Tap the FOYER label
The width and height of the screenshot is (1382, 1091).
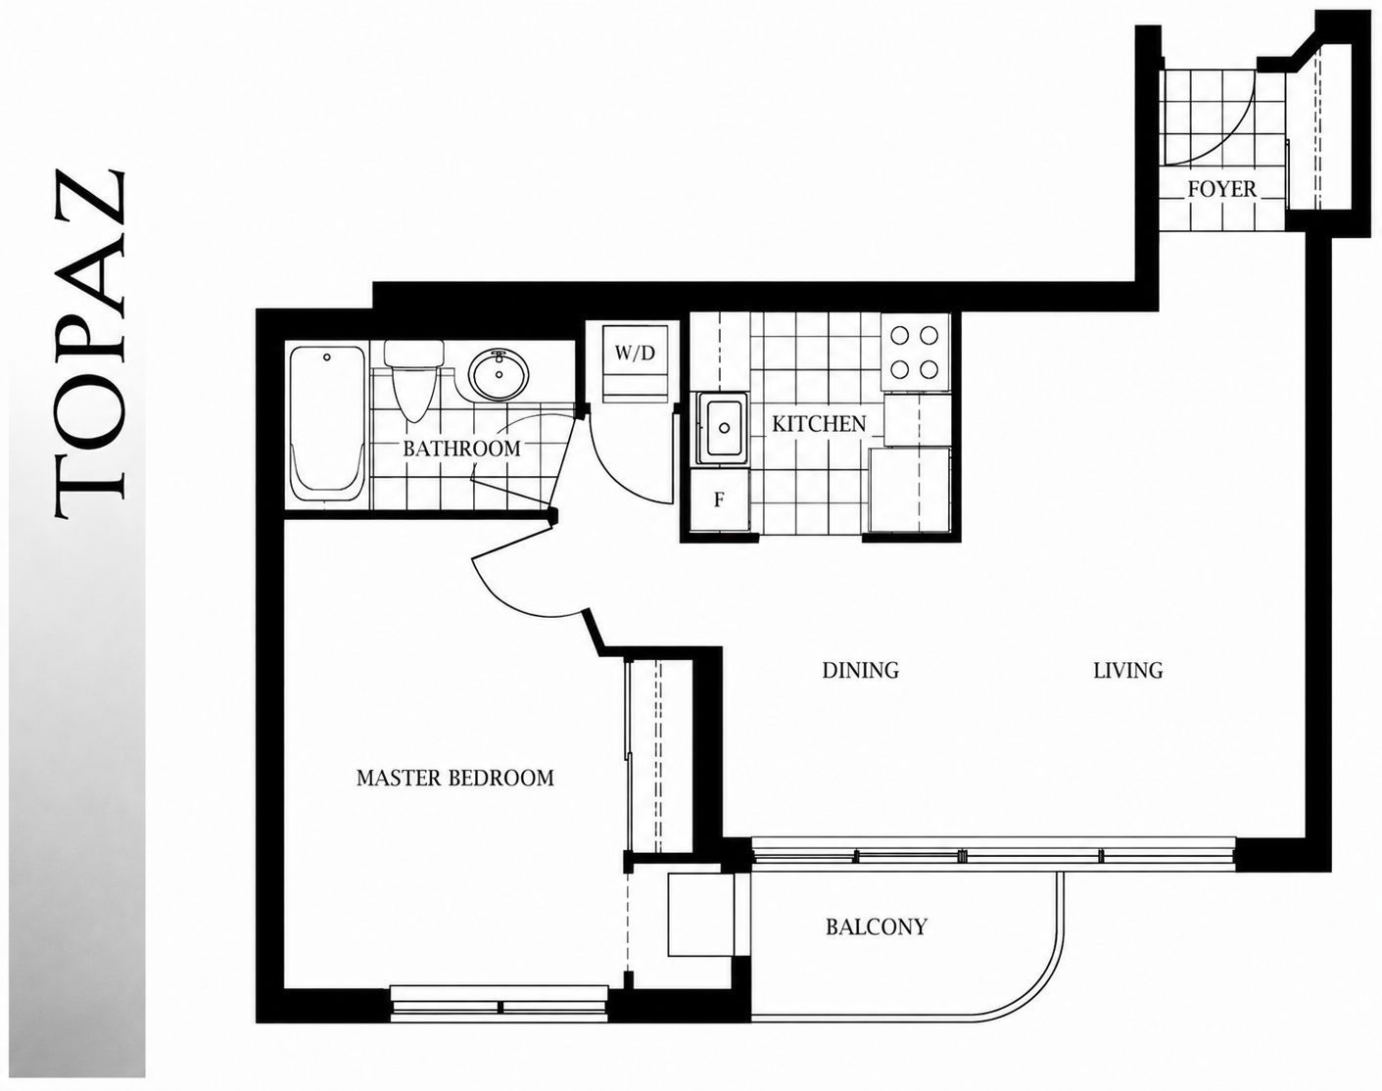[x=1221, y=189]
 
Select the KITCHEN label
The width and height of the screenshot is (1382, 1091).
[x=819, y=424]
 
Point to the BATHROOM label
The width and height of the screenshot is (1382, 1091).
[x=461, y=449]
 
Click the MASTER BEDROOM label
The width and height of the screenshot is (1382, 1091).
[x=454, y=779]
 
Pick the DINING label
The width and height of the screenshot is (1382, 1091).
[x=861, y=671]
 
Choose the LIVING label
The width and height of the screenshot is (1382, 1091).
[x=1128, y=671]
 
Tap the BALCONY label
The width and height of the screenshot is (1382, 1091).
[x=877, y=926]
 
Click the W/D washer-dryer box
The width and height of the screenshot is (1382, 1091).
[x=635, y=363]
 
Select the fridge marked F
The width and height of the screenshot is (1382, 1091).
[x=720, y=500]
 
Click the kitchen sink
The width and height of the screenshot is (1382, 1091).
[x=723, y=428]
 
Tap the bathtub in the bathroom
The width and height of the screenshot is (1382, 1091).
[x=327, y=424]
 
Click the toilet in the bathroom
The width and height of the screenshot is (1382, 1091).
[x=413, y=379]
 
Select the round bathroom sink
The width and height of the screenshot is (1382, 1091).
[x=499, y=375]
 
